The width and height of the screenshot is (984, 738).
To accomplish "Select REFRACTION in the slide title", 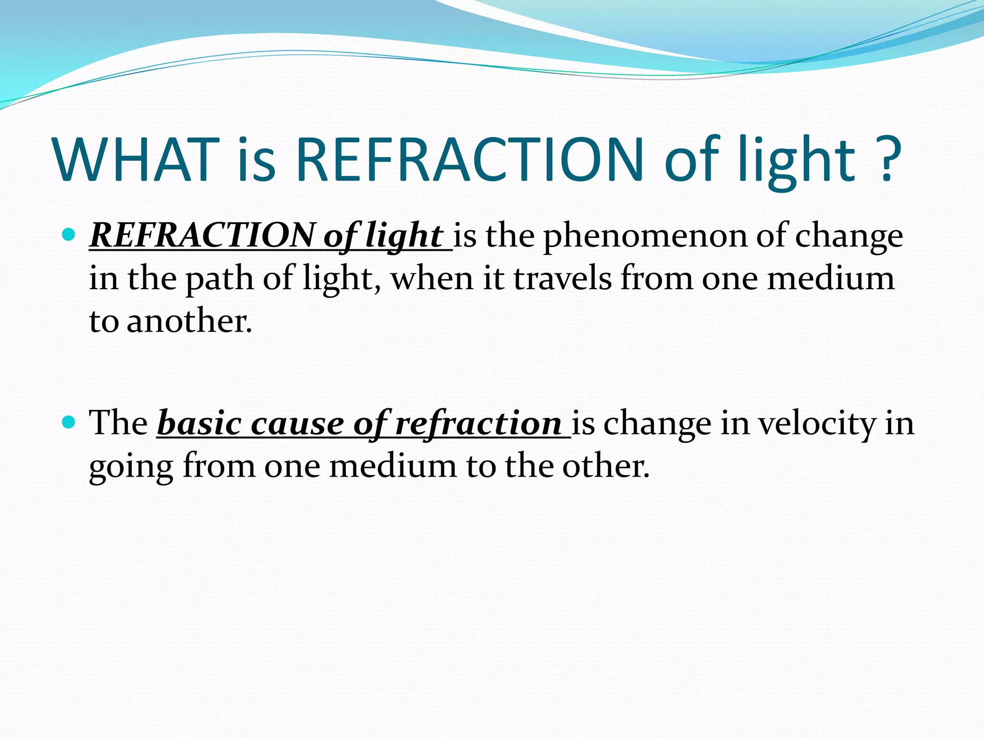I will (470, 160).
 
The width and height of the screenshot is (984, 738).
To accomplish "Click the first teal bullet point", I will (70, 235).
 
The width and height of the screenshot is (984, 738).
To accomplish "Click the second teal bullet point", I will (70, 422).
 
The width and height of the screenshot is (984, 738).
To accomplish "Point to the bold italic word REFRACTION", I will (202, 235).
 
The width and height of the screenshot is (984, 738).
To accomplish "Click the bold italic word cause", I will (297, 424).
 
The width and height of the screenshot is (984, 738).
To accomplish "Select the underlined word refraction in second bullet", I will (478, 424).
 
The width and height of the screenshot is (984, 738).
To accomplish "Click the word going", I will (131, 467).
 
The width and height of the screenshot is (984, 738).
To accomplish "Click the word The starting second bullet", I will (118, 423).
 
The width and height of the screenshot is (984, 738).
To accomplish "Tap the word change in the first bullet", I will (849, 236).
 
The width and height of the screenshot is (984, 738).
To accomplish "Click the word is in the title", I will (257, 160).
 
